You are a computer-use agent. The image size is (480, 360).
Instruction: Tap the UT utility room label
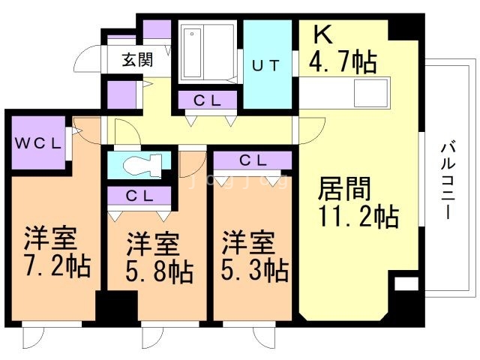(266, 65)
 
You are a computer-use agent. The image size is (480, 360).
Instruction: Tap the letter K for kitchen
(321, 34)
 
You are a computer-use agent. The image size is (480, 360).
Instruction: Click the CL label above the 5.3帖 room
(251, 160)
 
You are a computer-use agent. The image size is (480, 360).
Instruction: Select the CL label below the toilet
(139, 196)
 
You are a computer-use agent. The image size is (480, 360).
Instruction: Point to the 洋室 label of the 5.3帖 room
(247, 244)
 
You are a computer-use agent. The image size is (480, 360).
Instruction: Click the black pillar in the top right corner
(406, 26)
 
